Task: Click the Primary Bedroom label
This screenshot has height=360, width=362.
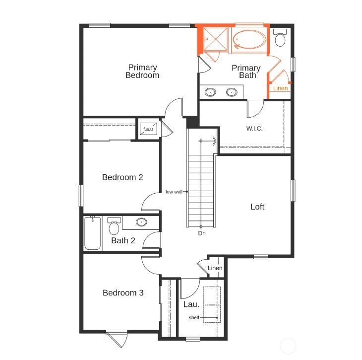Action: pos(142,72)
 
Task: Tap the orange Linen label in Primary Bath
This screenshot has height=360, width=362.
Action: pos(281,88)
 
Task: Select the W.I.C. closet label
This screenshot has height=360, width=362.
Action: pos(254,128)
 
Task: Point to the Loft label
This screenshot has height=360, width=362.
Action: pos(257,207)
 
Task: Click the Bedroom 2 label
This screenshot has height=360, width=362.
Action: pos(122,177)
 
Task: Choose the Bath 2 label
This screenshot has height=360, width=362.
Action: pos(123,241)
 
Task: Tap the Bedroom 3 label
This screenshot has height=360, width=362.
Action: pos(123,293)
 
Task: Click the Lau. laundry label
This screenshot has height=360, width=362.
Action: pos(191,304)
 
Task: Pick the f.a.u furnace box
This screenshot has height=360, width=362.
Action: pos(149,130)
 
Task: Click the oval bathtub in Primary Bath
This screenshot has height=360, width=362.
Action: pos(250,40)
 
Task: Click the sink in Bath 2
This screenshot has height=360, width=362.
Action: pos(141,222)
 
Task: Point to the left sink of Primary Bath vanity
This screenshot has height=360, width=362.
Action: pos(211,92)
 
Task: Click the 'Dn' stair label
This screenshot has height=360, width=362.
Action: pos(202,233)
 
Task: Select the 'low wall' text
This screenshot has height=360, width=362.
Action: pos(174,192)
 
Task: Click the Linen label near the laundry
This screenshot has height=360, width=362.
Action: pos(215,269)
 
